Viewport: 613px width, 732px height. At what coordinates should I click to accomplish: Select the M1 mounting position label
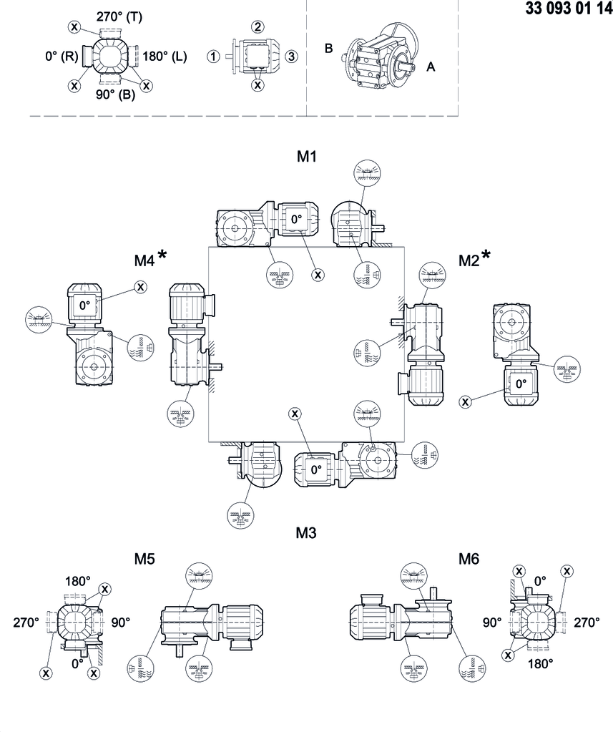click(307, 157)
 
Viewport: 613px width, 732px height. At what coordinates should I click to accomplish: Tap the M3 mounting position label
click(307, 532)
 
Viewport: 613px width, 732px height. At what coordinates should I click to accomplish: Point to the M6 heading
click(469, 559)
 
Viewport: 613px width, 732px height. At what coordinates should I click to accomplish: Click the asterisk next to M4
click(163, 255)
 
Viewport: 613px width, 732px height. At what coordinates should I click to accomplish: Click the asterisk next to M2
click(486, 255)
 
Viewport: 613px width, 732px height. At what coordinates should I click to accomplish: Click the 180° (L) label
click(165, 55)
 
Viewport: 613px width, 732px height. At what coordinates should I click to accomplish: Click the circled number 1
click(212, 56)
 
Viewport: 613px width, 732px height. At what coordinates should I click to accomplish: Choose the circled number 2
click(258, 26)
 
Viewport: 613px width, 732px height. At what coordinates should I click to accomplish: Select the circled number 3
click(291, 56)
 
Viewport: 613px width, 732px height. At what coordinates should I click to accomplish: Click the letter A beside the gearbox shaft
click(431, 67)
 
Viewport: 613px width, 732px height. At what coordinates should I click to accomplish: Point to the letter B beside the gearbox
click(328, 49)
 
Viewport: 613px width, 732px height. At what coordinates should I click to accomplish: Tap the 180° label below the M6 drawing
click(541, 663)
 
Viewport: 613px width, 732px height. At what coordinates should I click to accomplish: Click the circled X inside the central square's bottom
click(294, 413)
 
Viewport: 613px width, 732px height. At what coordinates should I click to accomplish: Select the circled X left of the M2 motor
click(466, 402)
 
